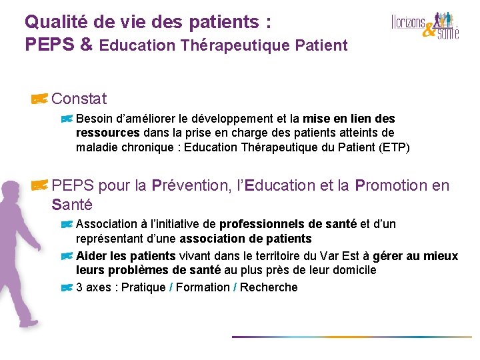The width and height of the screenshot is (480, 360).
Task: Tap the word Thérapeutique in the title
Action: (226, 45)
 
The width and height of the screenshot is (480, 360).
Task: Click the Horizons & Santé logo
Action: (425, 25)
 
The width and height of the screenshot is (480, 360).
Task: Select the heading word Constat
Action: (79, 99)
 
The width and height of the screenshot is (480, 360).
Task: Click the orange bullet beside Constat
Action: (39, 99)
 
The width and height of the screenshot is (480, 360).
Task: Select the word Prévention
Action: (188, 185)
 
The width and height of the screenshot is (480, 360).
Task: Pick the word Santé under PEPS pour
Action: (71, 204)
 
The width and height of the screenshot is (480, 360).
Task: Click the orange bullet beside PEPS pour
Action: (39, 185)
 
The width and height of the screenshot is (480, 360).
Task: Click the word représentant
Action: (111, 239)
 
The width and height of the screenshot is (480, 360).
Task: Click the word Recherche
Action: (269, 287)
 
